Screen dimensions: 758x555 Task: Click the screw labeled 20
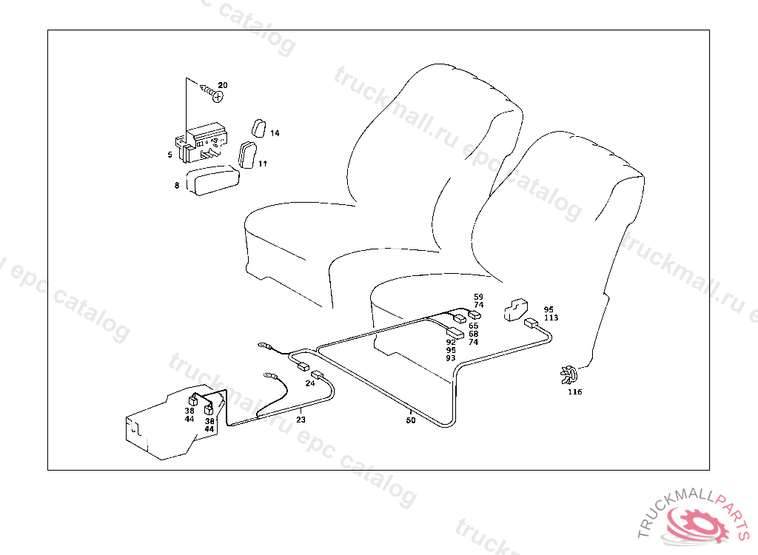(x=213, y=94)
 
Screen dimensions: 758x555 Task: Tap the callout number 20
(x=223, y=85)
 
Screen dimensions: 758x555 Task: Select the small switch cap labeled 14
(x=258, y=128)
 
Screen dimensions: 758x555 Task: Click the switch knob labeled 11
(x=247, y=155)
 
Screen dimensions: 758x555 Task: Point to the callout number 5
(x=170, y=155)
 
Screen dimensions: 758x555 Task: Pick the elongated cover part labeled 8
(x=213, y=181)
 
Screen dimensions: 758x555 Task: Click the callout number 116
(x=575, y=392)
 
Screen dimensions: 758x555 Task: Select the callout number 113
(x=551, y=317)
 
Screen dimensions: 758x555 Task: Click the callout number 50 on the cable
(x=411, y=420)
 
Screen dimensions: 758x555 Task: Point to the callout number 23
(x=301, y=419)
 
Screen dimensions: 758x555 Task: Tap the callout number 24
(x=309, y=383)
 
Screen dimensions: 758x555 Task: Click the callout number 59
(x=478, y=297)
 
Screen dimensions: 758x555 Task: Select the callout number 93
(x=451, y=357)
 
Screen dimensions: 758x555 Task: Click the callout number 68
(x=473, y=334)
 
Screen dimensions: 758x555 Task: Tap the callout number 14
(x=275, y=133)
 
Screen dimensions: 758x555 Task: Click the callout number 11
(x=263, y=164)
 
